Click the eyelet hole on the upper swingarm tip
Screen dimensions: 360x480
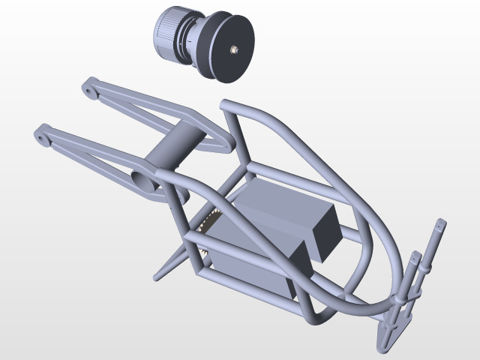(x=89, y=92)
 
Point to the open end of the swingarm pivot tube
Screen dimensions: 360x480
(x=143, y=180)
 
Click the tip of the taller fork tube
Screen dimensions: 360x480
(x=442, y=223)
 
